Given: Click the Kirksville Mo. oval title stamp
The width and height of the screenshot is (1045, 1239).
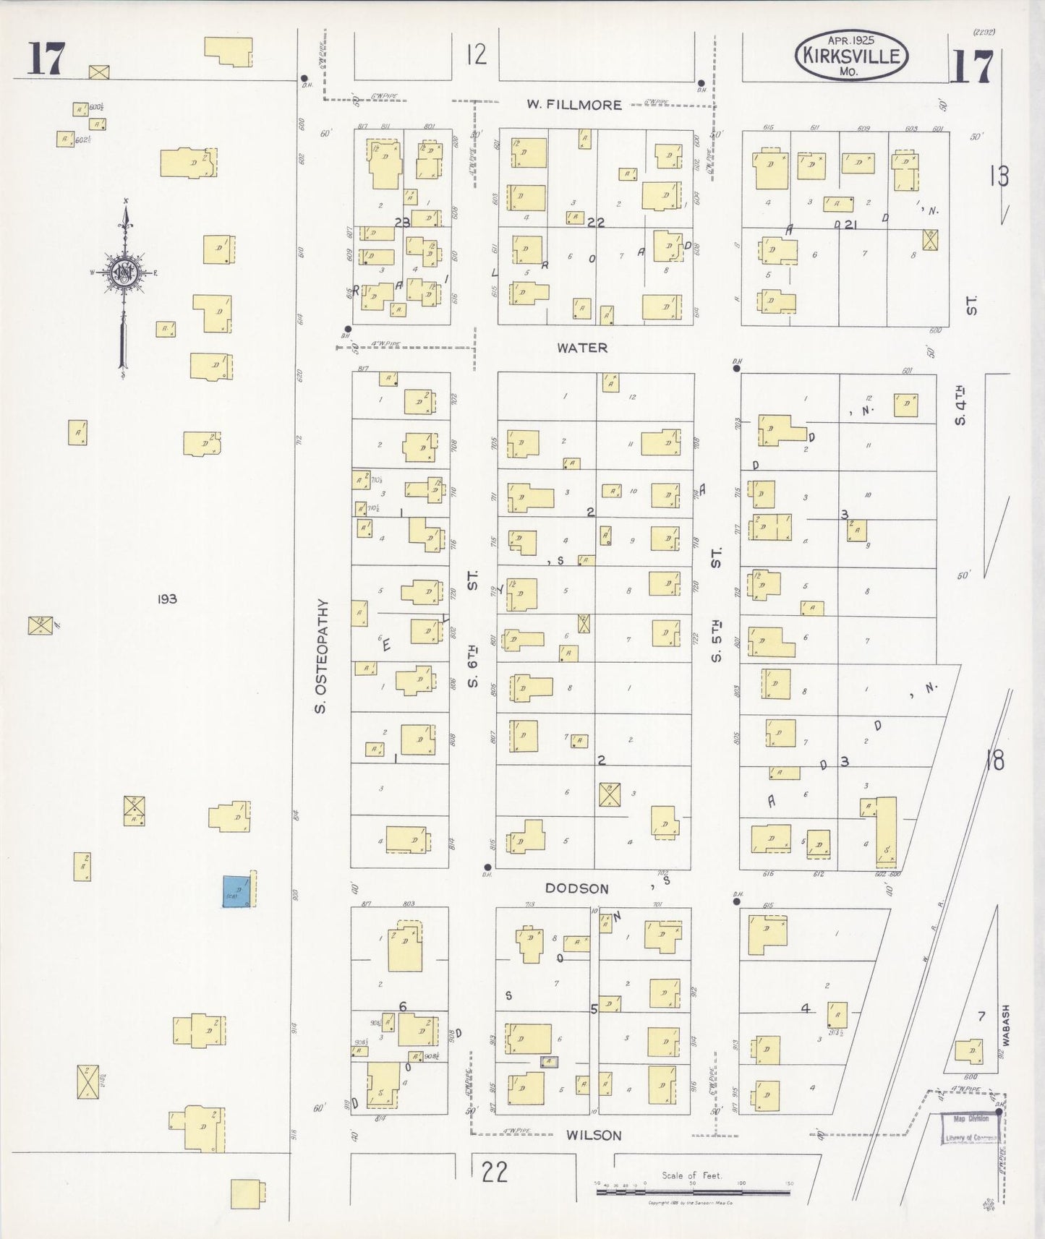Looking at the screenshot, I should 850,56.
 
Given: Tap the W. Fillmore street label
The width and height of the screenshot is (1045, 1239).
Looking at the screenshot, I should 573,105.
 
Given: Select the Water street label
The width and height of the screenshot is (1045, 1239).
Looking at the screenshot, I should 581,348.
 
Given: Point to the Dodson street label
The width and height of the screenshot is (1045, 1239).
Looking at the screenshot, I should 576,888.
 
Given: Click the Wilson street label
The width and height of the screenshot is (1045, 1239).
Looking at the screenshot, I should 594,1136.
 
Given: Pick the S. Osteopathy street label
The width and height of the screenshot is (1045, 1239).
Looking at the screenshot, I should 322,656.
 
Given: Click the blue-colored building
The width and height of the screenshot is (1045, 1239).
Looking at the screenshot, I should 237,891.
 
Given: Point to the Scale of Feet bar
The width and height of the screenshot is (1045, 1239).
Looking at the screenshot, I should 692,1189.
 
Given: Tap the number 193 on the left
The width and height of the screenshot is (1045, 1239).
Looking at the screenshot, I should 166,599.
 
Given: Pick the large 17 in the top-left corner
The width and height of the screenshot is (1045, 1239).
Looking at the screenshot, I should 46,59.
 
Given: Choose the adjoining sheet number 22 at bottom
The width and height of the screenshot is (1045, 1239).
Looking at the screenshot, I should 495,1172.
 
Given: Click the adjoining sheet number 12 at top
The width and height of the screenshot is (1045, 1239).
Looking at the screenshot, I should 476,55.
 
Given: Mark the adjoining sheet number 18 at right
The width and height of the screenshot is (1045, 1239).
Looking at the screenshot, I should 994,760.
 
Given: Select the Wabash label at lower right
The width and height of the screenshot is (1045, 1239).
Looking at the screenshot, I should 1005,1025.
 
